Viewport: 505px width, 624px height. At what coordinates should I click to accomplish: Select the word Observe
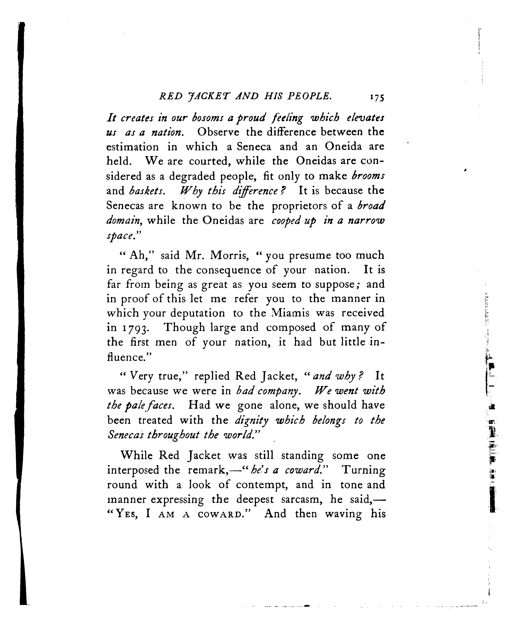point(218,132)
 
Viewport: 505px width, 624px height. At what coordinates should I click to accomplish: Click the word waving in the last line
point(343,514)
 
